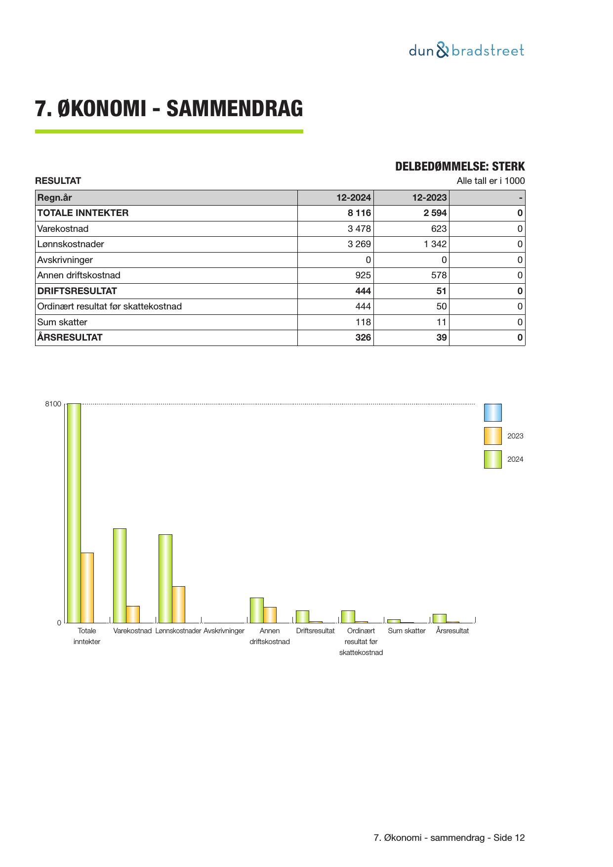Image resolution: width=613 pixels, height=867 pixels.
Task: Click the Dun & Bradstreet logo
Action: pos(466,51)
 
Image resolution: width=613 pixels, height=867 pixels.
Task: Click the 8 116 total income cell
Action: pos(359,213)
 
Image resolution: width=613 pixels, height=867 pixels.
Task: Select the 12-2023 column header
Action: pos(429,198)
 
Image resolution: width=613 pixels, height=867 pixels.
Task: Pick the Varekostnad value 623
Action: pos(439,229)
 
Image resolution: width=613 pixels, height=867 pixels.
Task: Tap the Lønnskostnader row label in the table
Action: pos(71,244)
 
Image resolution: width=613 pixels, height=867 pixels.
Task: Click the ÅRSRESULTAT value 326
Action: pos(363,338)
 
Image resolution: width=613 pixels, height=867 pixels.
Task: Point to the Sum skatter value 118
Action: pos(363,322)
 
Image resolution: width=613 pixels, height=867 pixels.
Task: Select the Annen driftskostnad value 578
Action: pos(439,275)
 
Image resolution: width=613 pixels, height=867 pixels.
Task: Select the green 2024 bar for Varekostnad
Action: pos(120,575)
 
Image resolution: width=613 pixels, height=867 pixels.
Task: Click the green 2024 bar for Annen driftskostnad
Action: pos(256,610)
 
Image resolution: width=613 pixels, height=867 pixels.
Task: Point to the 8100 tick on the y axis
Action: pos(53,404)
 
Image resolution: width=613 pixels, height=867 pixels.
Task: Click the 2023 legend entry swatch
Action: pos(492,436)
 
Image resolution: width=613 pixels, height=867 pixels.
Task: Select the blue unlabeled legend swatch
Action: pos(492,413)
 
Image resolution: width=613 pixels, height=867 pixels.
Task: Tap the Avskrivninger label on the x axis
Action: pos(224,631)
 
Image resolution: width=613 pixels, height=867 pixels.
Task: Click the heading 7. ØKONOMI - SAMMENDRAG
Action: pos(169,109)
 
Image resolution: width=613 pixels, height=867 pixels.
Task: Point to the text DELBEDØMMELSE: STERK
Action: pos(459,167)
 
